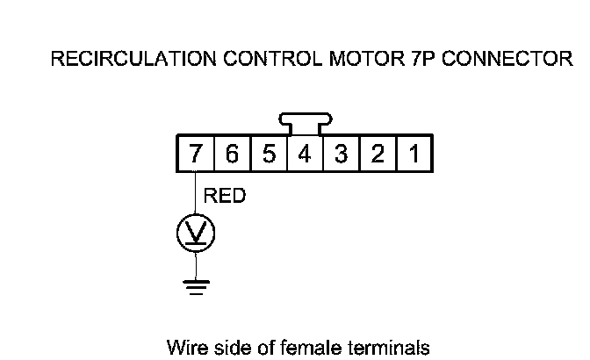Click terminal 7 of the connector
click(x=195, y=155)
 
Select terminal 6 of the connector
click(x=232, y=155)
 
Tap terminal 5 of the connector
click(x=269, y=155)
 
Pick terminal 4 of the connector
click(x=305, y=155)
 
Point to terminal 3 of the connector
click(x=341, y=155)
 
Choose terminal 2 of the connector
click(x=378, y=155)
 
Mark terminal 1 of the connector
click(x=414, y=155)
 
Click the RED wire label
click(x=224, y=197)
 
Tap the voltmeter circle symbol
click(x=196, y=233)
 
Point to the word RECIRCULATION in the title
click(x=124, y=60)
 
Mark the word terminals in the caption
click(x=392, y=347)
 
